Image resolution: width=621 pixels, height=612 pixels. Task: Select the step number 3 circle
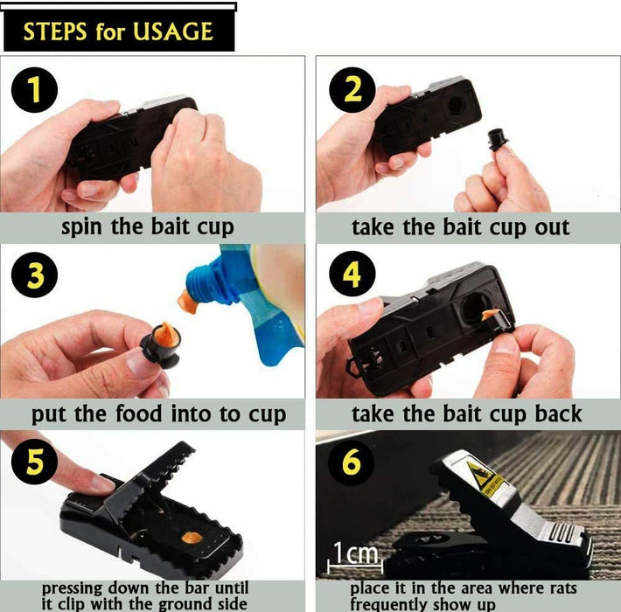click(34, 276)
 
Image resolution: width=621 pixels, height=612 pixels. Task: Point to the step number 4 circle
click(352, 276)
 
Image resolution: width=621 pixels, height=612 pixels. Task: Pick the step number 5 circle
click(34, 462)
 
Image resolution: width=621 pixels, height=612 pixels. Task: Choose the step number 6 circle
click(352, 462)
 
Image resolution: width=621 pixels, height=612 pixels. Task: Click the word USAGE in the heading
click(173, 32)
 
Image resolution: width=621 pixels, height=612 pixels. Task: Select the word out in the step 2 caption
click(548, 227)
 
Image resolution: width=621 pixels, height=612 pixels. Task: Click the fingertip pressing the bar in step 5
click(101, 482)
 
